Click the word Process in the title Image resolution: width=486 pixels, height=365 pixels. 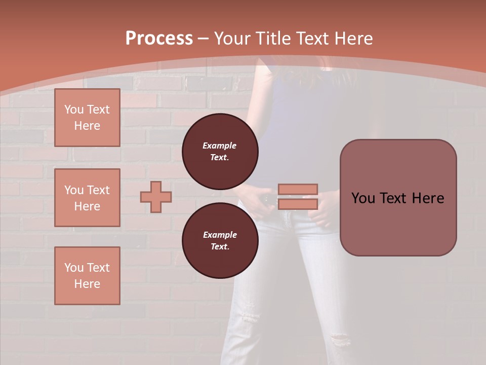(159, 39)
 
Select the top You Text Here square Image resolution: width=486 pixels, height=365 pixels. (87, 118)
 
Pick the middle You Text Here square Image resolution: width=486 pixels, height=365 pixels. (87, 198)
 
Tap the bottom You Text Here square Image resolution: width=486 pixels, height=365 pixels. (87, 276)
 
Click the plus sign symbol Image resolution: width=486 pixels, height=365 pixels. (155, 197)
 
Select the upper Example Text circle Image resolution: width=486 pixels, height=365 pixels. (220, 152)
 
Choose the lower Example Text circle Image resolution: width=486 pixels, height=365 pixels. (220, 241)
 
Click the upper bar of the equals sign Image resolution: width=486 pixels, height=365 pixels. (298, 189)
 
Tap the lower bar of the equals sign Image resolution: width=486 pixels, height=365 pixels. (298, 204)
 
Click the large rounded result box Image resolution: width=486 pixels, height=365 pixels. (398, 198)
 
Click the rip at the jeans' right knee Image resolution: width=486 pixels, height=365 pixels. (340, 339)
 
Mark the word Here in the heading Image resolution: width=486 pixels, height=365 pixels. (352, 39)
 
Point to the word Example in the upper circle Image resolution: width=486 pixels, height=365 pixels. (219, 146)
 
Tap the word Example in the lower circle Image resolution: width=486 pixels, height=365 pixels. (220, 235)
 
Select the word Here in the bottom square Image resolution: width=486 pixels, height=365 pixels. (87, 284)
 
